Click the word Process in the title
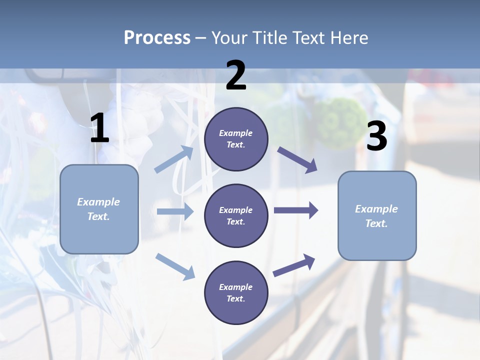157,38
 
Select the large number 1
99,128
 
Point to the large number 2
236,75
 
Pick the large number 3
376,136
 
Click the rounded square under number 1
99,209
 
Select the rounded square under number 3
377,215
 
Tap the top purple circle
236,139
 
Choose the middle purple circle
236,215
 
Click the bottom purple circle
236,292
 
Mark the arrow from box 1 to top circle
174,159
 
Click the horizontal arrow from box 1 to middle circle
175,211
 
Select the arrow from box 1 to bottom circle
175,266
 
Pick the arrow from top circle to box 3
297,160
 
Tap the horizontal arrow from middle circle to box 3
295,210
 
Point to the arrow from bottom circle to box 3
294,265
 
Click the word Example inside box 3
376,209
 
